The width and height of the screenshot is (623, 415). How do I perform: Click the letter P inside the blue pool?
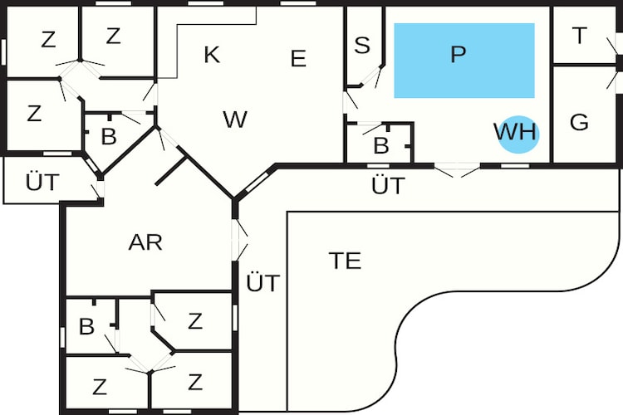(x=458, y=54)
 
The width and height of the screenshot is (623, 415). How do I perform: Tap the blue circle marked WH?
(x=518, y=134)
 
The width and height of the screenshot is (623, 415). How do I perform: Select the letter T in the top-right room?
(x=580, y=36)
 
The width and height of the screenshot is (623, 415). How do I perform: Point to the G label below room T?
(x=579, y=122)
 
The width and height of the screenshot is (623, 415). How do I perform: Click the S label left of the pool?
(x=362, y=45)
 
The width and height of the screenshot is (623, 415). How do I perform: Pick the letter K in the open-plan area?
(x=212, y=55)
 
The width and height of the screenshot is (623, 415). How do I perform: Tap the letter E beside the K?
(x=298, y=58)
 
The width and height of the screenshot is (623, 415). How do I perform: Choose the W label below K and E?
(x=235, y=120)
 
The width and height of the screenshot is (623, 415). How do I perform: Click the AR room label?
(x=145, y=242)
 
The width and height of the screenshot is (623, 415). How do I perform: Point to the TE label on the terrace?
(x=345, y=261)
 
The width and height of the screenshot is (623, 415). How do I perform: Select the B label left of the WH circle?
(x=381, y=145)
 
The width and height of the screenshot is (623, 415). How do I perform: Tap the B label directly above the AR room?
(x=109, y=136)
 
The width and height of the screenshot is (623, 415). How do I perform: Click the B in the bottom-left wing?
(x=86, y=326)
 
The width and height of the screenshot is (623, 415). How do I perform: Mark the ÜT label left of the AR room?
(x=42, y=182)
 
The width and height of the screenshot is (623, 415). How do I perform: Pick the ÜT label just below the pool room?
(x=388, y=185)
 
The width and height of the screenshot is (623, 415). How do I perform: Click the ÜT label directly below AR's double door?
(x=263, y=283)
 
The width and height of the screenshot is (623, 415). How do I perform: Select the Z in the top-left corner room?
(x=48, y=40)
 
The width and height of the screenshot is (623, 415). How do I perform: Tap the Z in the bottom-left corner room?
(x=100, y=387)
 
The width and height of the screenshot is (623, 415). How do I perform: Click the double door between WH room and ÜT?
(x=457, y=170)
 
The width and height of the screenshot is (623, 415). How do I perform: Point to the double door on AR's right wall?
(x=239, y=240)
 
